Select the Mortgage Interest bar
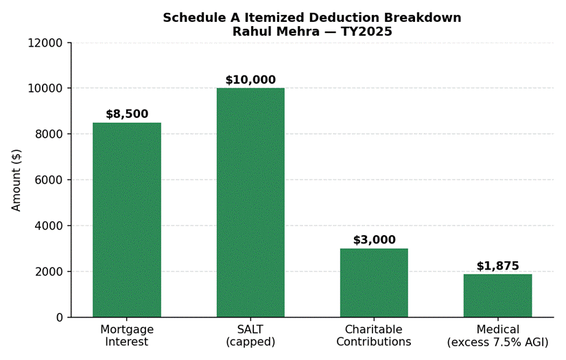pyautogui.click(x=127, y=220)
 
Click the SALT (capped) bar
pyautogui.click(x=250, y=203)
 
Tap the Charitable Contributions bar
pyautogui.click(x=374, y=283)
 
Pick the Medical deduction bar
pyautogui.click(x=498, y=296)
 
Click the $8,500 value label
pyautogui.click(x=127, y=114)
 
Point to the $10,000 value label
pyautogui.click(x=250, y=80)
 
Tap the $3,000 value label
pyautogui.click(x=374, y=240)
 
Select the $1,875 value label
pyautogui.click(x=498, y=266)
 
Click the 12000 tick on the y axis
pyautogui.click(x=45, y=43)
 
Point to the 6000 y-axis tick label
pyautogui.click(x=49, y=180)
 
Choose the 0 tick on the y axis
pyautogui.click(x=60, y=317)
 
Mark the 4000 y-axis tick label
pyautogui.click(x=49, y=226)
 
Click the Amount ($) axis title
pyautogui.click(x=16, y=180)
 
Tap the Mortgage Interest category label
pyautogui.click(x=127, y=335)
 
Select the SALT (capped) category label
pyautogui.click(x=250, y=335)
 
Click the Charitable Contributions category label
pyautogui.click(x=374, y=335)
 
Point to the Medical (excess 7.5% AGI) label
pyautogui.click(x=498, y=335)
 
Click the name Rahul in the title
pyautogui.click(x=249, y=32)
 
